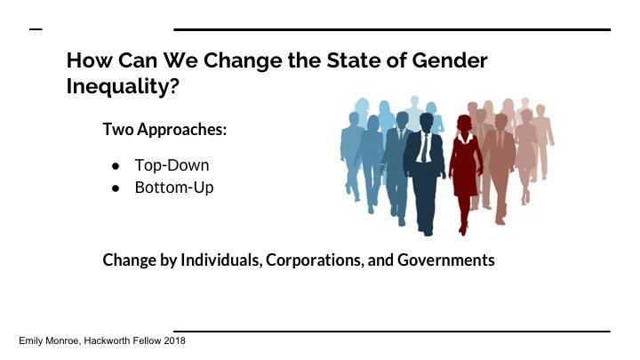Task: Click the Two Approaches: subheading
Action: (164, 129)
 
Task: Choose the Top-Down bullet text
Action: (172, 165)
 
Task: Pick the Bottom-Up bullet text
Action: (174, 188)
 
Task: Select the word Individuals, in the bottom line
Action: (219, 260)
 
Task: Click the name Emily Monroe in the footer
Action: (49, 340)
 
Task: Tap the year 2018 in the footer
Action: (174, 340)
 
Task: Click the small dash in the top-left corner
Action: (36, 29)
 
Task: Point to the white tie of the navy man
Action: (427, 148)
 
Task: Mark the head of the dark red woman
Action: (464, 124)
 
